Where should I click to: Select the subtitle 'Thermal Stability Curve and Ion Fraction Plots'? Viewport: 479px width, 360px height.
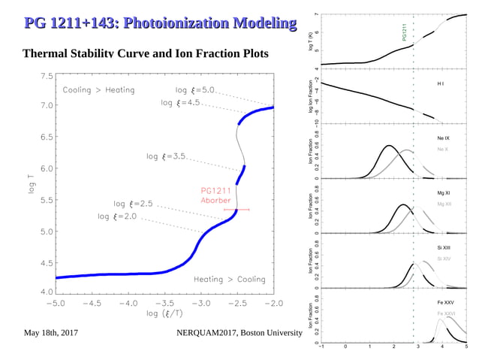tap(146, 55)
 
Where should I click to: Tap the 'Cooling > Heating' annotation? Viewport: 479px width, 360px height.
tap(98, 90)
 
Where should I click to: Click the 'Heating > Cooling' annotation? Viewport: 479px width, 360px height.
tap(230, 279)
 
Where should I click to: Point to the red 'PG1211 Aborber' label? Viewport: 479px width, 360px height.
tap(215, 195)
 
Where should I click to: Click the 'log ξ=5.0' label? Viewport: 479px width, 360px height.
tap(195, 90)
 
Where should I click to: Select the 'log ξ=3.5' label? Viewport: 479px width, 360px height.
tap(166, 156)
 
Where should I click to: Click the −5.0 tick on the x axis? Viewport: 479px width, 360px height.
tap(56, 304)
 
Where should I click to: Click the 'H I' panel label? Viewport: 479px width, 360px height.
tap(441, 83)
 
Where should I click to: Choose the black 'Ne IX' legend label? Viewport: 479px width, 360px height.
tap(444, 138)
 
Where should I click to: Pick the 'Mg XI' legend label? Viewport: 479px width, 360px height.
tap(444, 193)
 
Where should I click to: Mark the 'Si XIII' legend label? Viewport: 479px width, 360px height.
tap(444, 247)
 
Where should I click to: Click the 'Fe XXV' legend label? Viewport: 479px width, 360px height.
tap(445, 301)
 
